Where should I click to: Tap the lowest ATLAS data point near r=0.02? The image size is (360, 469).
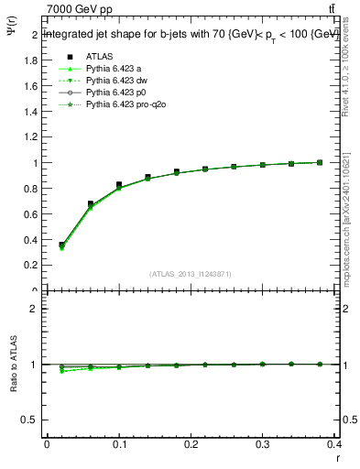click(61, 245)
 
